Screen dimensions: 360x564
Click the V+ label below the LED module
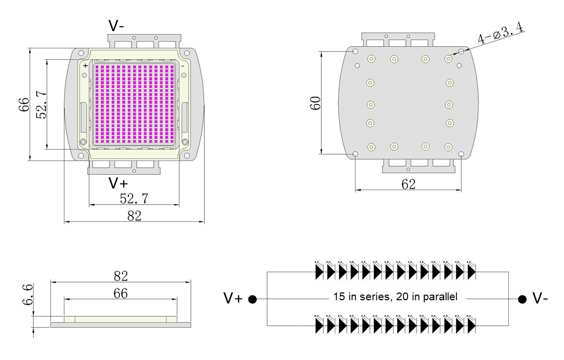(118, 183)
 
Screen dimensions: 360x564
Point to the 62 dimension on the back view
(409, 183)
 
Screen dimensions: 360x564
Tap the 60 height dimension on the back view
(315, 102)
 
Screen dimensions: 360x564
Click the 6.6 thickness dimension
(29, 295)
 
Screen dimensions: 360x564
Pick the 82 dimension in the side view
(120, 276)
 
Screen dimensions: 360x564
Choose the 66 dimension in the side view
(120, 294)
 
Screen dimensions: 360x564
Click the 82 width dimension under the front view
(134, 216)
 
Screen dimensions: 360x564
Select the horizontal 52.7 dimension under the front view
(134, 198)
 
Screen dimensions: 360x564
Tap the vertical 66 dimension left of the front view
(24, 104)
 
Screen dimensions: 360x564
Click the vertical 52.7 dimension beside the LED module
(42, 104)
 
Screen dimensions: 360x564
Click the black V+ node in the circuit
(253, 299)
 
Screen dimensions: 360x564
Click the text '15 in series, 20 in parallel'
(395, 297)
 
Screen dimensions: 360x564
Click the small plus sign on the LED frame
(85, 66)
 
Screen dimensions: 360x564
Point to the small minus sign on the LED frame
(182, 66)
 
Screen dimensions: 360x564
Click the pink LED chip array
(134, 104)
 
